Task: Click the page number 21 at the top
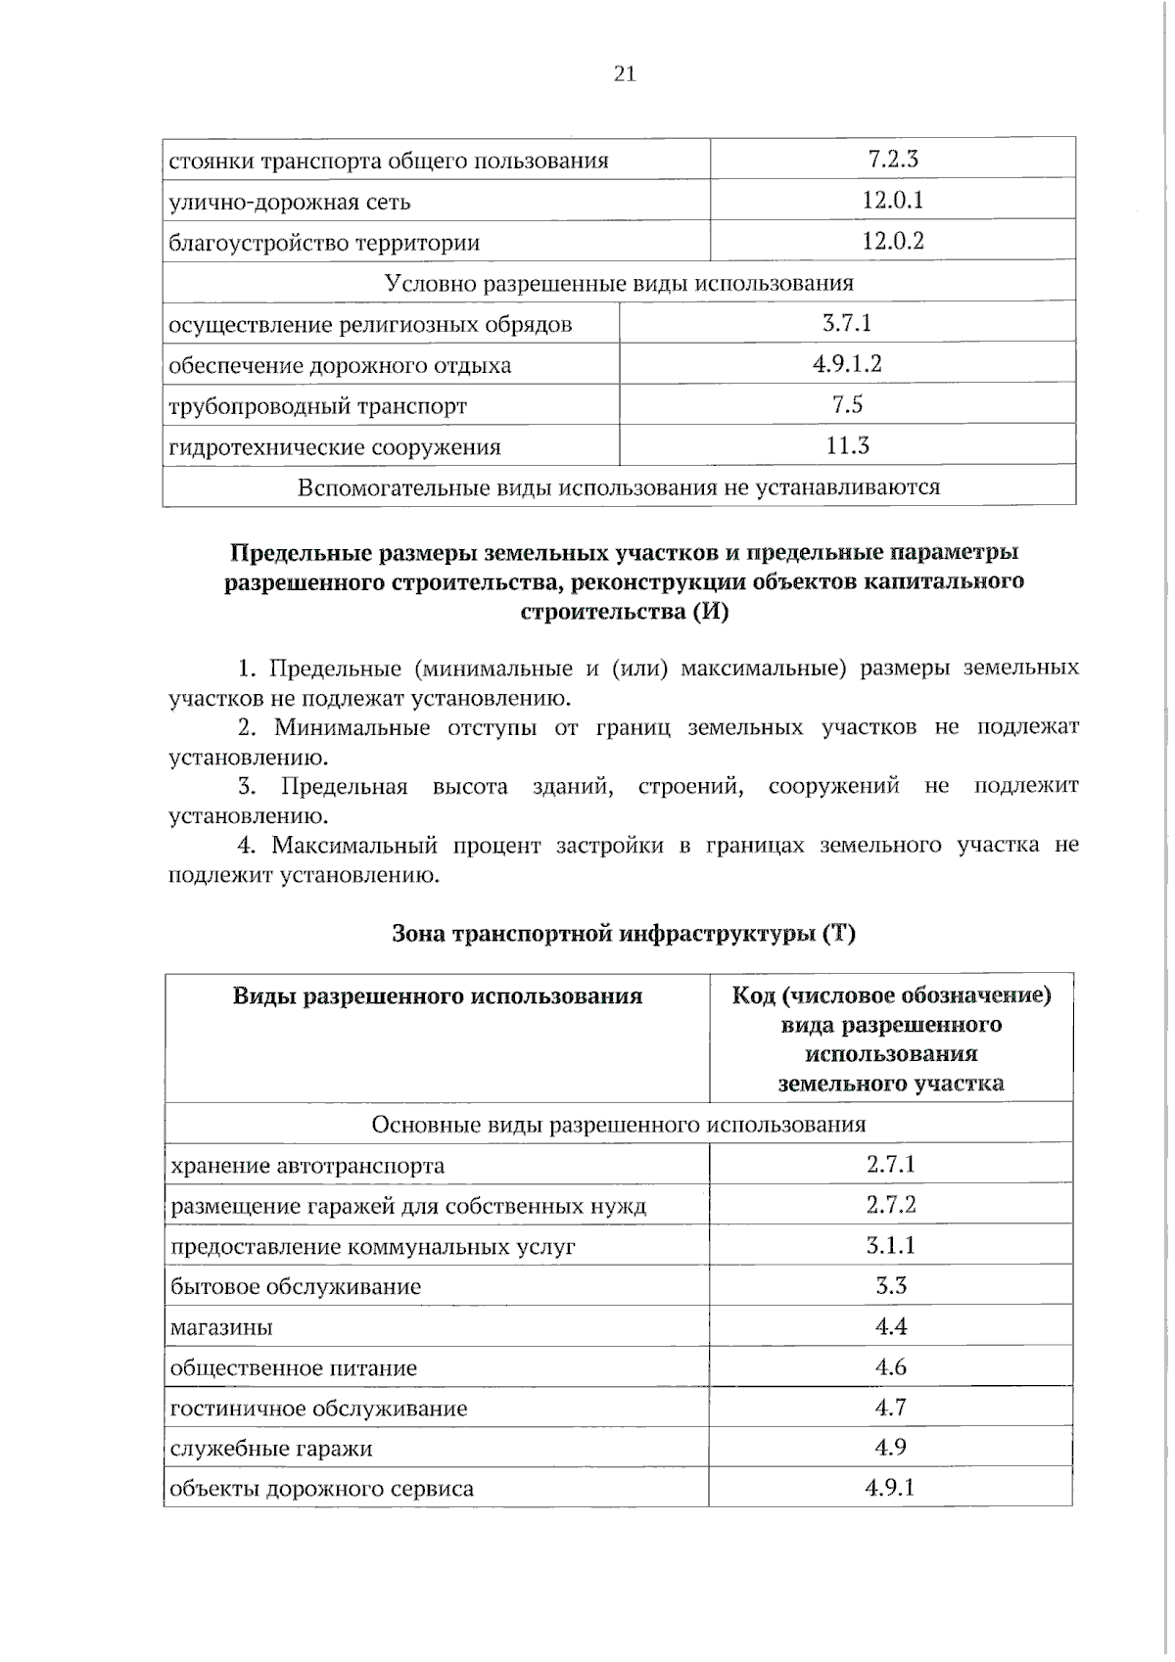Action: tap(625, 73)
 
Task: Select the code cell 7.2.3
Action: tap(892, 159)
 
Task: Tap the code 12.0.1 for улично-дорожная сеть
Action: tap(892, 201)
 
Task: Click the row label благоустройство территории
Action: tap(324, 243)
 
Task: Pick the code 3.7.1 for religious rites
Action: tap(847, 323)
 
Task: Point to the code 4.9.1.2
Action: tap(847, 364)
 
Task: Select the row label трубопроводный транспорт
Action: tap(317, 406)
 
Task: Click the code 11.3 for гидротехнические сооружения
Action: tap(847, 446)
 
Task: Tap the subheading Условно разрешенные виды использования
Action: tap(619, 284)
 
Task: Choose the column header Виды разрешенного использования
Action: tap(438, 996)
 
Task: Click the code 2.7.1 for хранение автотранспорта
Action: tap(890, 1164)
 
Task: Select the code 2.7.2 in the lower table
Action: tap(890, 1204)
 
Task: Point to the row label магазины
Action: tap(221, 1328)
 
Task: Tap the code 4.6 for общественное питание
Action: tap(890, 1367)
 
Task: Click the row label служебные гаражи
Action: tap(271, 1449)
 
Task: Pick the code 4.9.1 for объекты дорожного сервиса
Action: tap(890, 1489)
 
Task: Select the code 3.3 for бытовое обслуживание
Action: tap(890, 1285)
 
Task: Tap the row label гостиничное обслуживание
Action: tap(318, 1408)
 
